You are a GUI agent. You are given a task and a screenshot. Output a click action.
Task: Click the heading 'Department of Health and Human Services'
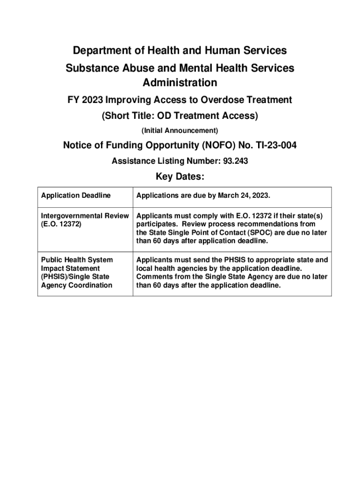click(x=180, y=50)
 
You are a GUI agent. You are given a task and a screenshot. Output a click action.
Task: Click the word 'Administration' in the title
click(x=180, y=83)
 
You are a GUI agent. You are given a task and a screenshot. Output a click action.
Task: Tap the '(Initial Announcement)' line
click(x=180, y=130)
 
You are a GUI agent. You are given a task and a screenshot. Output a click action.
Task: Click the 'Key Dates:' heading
click(x=180, y=177)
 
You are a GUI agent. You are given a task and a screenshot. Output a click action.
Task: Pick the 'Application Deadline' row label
click(x=76, y=196)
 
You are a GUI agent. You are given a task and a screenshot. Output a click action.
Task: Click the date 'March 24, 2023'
click(x=244, y=196)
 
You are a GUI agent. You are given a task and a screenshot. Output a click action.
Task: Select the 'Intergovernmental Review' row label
click(x=85, y=216)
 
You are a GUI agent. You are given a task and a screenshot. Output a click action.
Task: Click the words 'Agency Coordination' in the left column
click(x=77, y=285)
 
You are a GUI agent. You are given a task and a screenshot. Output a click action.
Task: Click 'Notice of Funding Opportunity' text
click(x=125, y=146)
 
